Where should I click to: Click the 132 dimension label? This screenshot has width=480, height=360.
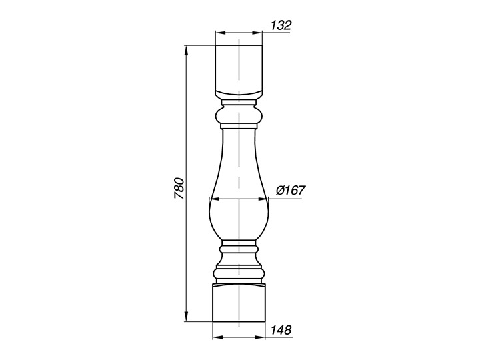pos(281,25)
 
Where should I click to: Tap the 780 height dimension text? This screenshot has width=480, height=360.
pos(179,188)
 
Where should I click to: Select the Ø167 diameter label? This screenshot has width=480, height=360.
pos(291,191)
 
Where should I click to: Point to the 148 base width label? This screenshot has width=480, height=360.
pos(281,330)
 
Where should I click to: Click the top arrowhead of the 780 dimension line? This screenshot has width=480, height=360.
pos(186,51)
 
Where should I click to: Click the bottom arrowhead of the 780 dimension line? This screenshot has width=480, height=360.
pos(186,316)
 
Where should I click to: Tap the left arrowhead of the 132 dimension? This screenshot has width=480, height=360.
pos(221,33)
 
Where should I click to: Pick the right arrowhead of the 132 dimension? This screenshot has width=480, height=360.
pos(257,33)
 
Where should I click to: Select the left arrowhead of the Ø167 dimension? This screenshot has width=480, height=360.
pos(215,199)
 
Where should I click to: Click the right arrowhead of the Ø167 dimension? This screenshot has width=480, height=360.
pos(263,199)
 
